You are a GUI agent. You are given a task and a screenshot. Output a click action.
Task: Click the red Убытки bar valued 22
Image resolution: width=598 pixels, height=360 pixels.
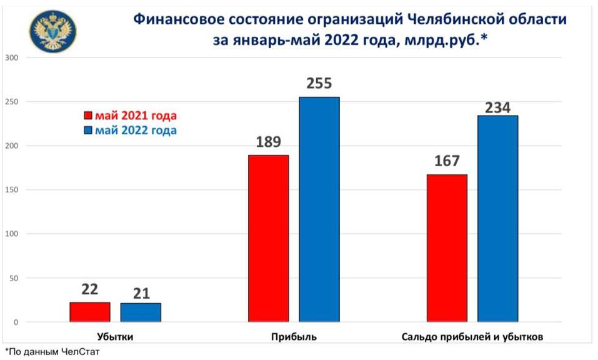pos(89,312)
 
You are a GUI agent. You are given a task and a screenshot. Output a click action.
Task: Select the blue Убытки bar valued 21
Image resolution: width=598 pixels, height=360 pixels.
pos(141,312)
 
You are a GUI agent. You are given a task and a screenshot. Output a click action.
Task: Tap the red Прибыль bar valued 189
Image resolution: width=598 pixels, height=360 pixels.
pos(269,238)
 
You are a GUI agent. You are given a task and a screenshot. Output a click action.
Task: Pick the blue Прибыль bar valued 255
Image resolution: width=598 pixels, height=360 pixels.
pos(319,209)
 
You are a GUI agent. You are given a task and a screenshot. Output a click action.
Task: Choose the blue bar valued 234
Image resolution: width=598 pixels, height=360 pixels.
pos(498,219)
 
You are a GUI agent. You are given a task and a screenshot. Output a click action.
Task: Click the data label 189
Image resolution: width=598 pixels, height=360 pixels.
pos(268,142)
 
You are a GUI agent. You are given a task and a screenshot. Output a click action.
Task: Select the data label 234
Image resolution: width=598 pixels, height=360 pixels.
pos(498,107)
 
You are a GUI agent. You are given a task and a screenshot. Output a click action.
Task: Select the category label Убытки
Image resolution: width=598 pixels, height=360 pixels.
pos(115,337)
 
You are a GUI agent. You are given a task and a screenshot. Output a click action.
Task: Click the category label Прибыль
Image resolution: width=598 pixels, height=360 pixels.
pos(294,337)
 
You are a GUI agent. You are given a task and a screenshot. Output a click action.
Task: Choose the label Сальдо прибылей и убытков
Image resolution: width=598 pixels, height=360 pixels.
pos(472,337)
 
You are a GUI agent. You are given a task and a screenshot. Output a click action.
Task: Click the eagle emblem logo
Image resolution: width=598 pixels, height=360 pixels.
pos(52,31)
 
